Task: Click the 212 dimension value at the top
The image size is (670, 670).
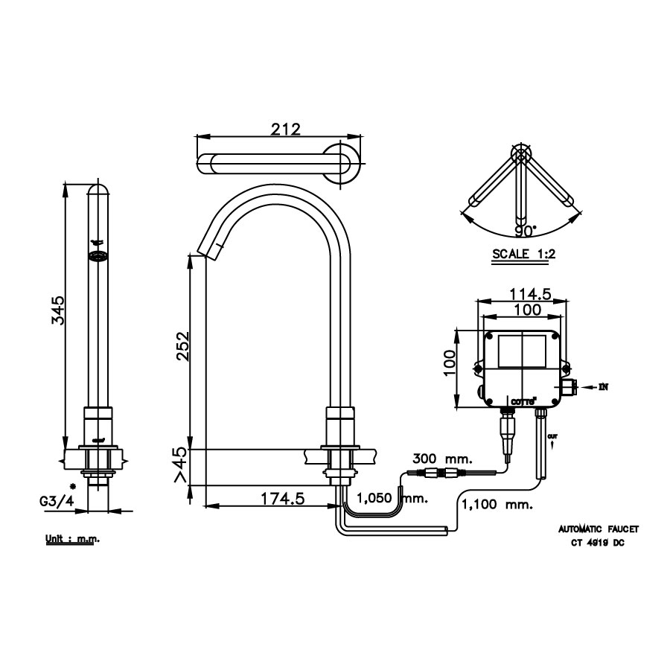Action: point(285,129)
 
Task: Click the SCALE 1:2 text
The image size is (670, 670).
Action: point(524,254)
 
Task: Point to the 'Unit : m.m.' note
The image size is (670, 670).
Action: point(71,538)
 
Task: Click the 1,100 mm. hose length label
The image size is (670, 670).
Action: point(497,504)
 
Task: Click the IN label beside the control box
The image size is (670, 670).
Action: point(603,387)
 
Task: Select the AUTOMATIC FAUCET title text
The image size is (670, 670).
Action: point(599,529)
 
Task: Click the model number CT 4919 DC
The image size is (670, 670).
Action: point(599,543)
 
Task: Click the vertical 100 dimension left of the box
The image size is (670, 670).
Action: point(450,368)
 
